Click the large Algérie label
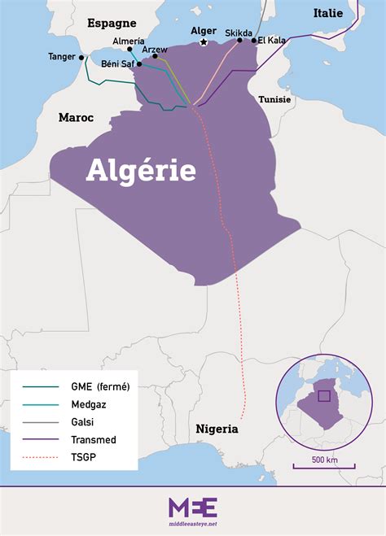141,170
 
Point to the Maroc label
76,118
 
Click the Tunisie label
274,98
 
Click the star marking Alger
204,42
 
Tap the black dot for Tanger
81,58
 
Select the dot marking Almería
129,49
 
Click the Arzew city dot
155,56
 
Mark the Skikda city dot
239,40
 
